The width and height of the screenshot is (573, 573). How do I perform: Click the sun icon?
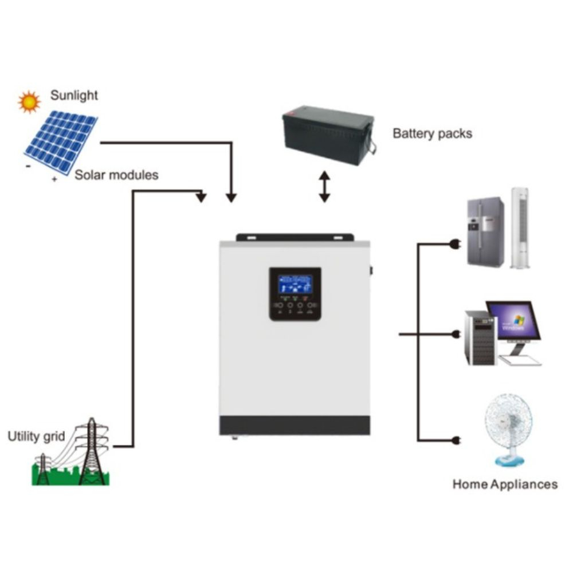pos(29,102)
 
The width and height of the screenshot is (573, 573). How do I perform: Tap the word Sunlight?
pos(74,95)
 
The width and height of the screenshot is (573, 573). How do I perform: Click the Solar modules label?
pos(116,175)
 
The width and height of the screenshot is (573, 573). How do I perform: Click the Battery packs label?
pos(432,134)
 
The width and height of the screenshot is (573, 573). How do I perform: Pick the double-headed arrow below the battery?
pos(324,187)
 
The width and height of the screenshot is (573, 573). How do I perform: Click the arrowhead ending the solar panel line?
pos(231,198)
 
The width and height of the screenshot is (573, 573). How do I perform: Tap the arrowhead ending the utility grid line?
pos(201,197)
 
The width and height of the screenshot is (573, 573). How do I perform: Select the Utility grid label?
pos(36,436)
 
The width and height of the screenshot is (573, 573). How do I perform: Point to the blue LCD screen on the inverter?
pos(295,285)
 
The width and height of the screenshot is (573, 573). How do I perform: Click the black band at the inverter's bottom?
pos(295,425)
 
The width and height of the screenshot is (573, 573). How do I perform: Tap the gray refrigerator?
pos(486,231)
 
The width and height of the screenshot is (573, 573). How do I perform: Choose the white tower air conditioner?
pos(520,228)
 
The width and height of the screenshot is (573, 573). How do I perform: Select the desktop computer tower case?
pos(481,338)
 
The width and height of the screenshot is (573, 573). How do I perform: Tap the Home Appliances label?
pos(505,484)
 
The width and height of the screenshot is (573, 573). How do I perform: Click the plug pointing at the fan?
pos(456,440)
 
